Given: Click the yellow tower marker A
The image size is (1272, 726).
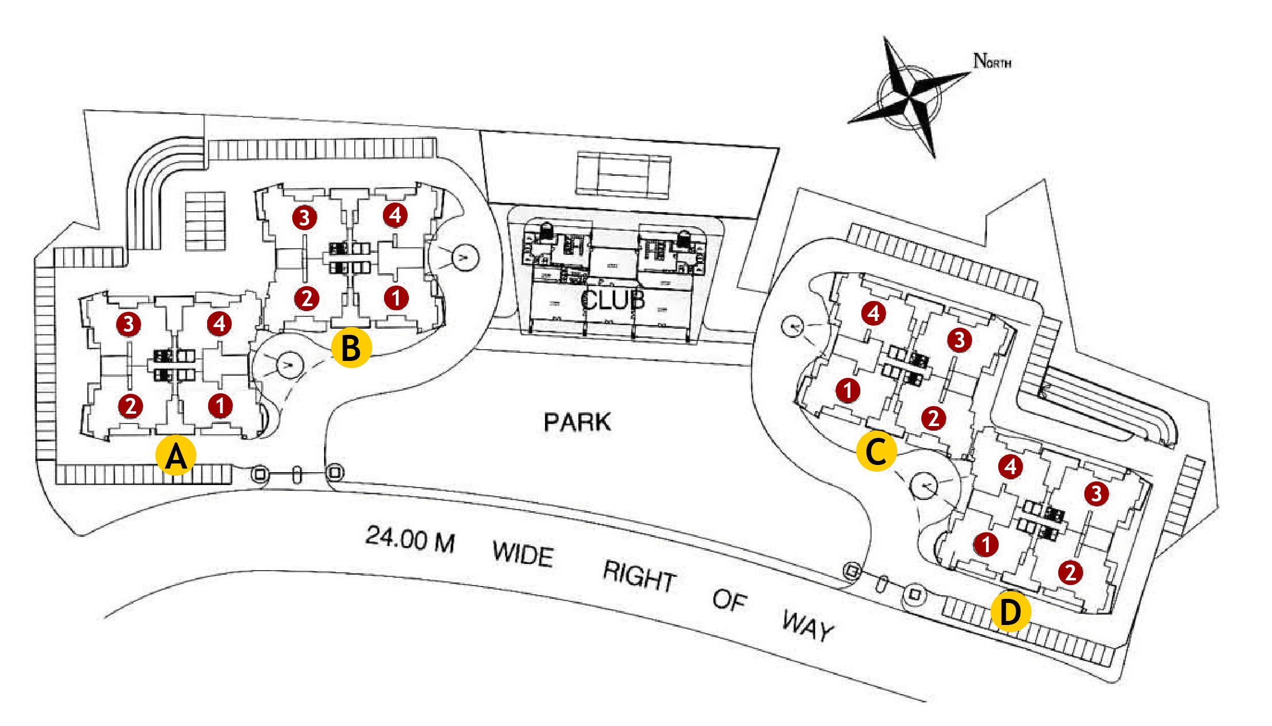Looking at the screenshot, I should point(176,456).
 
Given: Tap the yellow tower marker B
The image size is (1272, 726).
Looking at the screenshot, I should point(351,348).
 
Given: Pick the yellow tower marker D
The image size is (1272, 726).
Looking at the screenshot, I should point(1011,612).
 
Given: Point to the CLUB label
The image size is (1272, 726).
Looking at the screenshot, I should point(613,300).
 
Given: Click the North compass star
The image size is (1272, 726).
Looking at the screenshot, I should point(909,96).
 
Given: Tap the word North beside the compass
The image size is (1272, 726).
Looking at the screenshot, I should point(992,61).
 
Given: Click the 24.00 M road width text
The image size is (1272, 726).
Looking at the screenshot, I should point(410,539).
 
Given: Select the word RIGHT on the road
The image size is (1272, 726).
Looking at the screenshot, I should point(639,576).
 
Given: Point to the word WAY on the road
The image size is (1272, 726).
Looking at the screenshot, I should point(809,626).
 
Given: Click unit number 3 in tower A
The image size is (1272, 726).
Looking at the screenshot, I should point(129,324).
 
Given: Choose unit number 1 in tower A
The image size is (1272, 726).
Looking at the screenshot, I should point(220,406).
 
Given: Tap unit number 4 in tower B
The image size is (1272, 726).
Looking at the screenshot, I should point(395,215).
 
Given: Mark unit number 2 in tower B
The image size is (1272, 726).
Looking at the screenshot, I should point(307,298).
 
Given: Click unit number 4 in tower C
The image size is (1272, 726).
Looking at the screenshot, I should point(874,313).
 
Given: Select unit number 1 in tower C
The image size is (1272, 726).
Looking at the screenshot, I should point(848,390).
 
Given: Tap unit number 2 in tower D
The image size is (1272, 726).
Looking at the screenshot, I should point(1071,572).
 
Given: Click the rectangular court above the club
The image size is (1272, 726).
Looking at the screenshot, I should point(623,174).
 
